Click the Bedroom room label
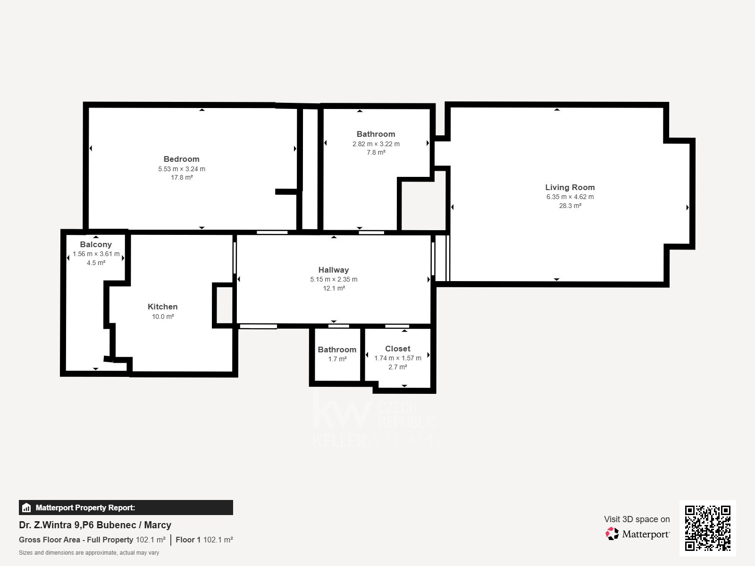181,159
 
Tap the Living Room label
570,187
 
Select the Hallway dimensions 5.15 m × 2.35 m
334,279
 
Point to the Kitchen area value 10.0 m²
163,316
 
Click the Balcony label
96,244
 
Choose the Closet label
397,349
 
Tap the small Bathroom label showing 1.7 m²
337,350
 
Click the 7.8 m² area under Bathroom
376,152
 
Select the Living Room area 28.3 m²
570,206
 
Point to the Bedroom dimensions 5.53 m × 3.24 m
182,169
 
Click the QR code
707,528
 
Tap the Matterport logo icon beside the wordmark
612,534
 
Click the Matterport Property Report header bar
126,508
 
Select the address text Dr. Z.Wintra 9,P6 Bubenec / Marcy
95,525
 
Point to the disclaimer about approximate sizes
89,553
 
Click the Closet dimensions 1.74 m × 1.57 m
398,358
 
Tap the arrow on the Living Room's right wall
687,208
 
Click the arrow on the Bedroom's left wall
91,149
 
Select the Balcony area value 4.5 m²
96,263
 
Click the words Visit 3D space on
637,519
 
